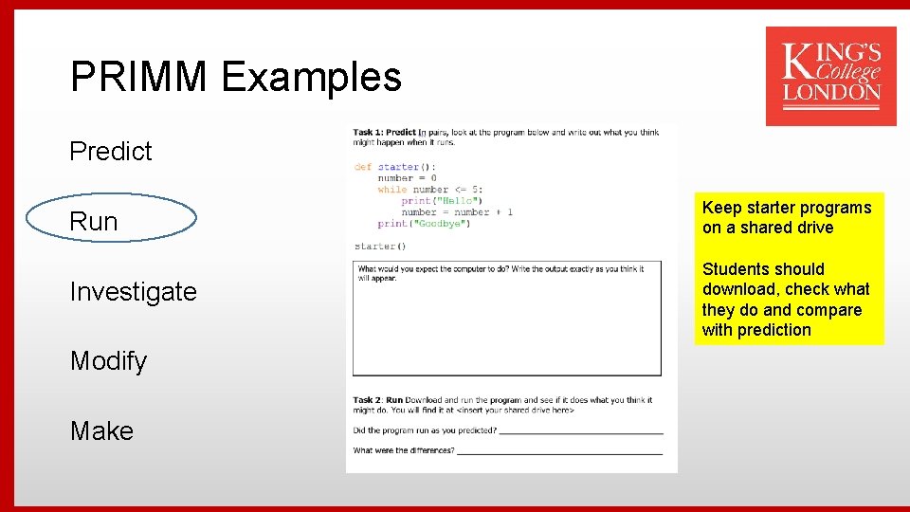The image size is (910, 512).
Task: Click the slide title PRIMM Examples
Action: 235,77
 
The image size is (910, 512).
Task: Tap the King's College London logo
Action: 830,76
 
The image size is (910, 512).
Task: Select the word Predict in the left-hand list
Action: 111,151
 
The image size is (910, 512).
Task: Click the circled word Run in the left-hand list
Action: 95,221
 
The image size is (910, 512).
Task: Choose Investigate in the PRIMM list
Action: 134,291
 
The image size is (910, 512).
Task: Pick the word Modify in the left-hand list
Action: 109,361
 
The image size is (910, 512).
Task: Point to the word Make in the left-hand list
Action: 101,430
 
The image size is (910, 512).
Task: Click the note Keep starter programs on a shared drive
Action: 786,217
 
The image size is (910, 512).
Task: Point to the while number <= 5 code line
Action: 429,190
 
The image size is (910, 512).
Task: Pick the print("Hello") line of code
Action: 442,201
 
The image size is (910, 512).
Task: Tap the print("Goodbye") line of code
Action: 424,224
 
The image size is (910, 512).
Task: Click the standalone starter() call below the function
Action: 380,247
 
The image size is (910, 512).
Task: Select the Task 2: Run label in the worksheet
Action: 378,400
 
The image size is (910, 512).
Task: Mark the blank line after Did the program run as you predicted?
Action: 580,432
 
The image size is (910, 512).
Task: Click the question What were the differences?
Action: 404,450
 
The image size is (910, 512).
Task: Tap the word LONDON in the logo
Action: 831,93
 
